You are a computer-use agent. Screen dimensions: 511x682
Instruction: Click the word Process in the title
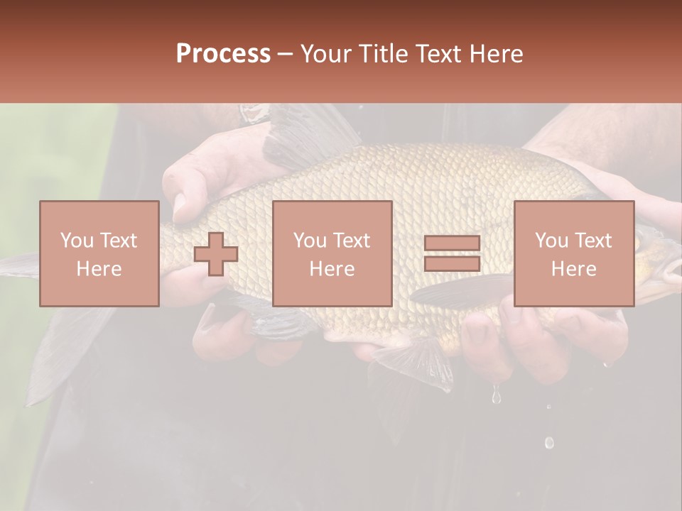223,54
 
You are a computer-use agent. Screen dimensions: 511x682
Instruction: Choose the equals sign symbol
452,253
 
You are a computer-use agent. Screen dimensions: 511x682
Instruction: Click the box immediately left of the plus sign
99,253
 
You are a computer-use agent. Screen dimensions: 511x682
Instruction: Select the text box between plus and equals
332,253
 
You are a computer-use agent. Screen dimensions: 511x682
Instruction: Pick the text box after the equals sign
574,253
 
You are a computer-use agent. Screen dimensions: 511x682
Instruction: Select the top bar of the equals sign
452,243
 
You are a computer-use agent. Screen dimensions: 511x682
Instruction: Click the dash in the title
285,54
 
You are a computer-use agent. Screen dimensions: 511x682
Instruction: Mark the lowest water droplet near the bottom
549,443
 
